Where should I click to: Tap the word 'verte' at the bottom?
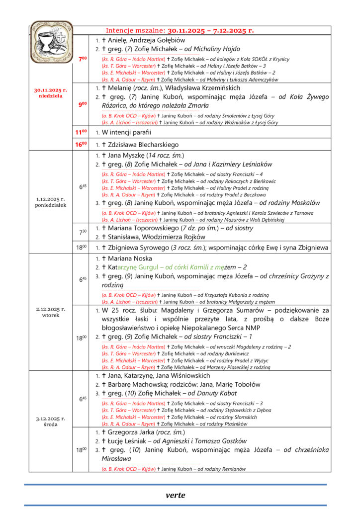[175, 495]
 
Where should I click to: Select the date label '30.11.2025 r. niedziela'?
[51, 93]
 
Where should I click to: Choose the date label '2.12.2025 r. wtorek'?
[51, 312]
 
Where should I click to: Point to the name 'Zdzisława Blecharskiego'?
[144, 145]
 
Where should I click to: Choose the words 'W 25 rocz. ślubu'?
[128, 310]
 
